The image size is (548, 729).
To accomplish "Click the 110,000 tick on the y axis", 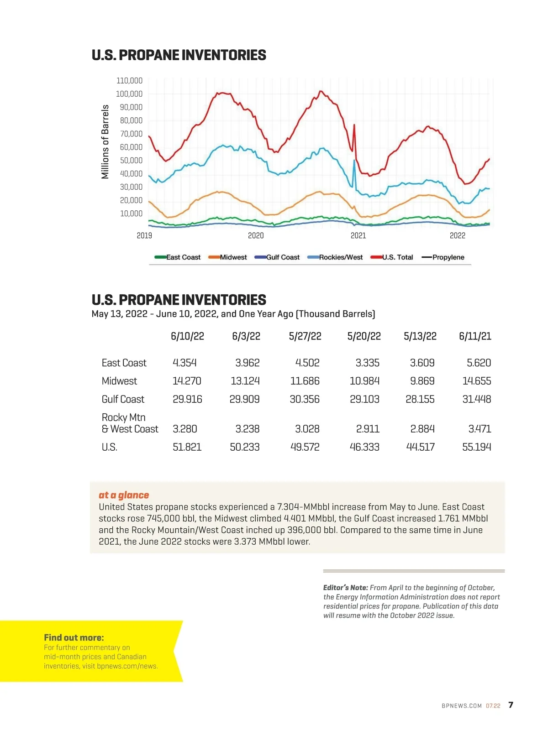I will tap(129, 81).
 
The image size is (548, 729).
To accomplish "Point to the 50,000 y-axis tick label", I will tap(131, 161).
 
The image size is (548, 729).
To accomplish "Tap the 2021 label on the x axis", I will tap(358, 235).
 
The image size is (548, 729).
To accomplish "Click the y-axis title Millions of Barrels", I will tap(105, 141).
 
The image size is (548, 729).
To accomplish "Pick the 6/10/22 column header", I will tap(187, 336).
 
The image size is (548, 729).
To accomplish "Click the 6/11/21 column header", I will tap(475, 336).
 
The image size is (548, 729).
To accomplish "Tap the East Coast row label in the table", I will tap(124, 363).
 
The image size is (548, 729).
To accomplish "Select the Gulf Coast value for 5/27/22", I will tap(305, 399).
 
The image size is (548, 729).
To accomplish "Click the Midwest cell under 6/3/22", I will tap(245, 381).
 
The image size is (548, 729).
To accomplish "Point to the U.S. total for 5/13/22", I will tap(420, 447).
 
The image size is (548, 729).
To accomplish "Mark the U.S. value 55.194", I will tap(476, 447).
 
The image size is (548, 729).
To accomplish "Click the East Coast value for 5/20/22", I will tap(367, 363).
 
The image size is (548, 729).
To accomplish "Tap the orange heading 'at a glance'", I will tap(124, 495).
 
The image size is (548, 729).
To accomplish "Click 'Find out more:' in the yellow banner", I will tap(74, 638).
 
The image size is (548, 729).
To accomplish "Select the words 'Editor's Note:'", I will tap(345, 588).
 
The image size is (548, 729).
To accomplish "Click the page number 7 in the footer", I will tap(511, 705).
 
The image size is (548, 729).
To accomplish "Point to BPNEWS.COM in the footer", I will tap(461, 706).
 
